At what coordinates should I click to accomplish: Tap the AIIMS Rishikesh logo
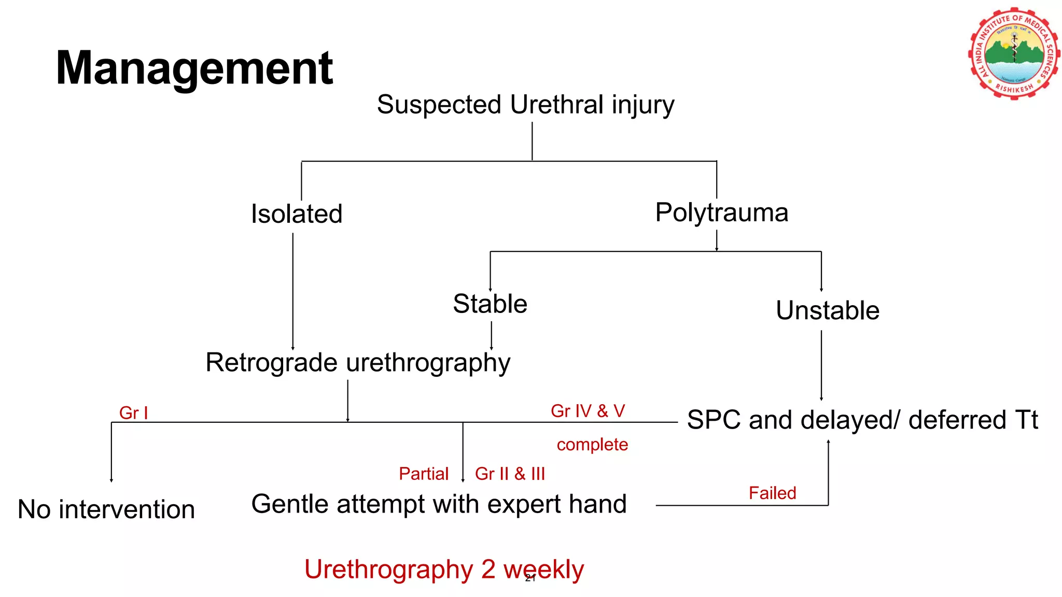pos(1014,53)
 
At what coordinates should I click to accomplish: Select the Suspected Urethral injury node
pos(525,105)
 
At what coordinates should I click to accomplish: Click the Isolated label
pos(297,214)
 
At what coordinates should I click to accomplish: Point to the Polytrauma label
pos(721,212)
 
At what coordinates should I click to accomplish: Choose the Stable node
pos(490,304)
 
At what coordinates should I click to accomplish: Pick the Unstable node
pos(828,310)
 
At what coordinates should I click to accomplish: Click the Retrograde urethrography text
pos(358,362)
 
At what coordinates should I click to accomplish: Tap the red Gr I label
pos(133,413)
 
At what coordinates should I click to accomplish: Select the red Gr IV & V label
pos(588,411)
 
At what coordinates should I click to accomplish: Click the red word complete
pos(592,445)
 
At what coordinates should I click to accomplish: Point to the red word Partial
pos(423,474)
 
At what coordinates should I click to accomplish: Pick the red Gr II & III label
pos(510,474)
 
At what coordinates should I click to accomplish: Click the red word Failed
pos(772,493)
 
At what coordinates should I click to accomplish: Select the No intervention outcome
pos(106,509)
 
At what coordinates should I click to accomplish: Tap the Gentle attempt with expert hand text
pos(439,504)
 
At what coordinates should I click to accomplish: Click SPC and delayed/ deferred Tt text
pos(862,420)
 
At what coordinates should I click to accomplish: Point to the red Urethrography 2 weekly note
pos(444,570)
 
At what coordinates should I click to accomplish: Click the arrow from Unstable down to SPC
pos(821,365)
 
